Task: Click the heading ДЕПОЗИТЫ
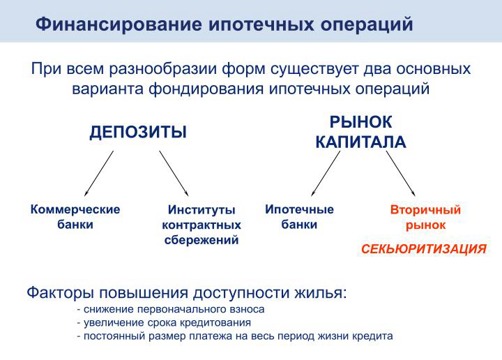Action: coord(138,133)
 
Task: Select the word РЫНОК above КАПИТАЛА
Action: coord(361,122)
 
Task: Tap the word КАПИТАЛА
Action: coord(361,142)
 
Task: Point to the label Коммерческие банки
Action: coord(75,217)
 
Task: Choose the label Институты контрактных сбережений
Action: coord(201,225)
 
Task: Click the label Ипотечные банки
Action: coord(299,217)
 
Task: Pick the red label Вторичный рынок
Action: coord(425,218)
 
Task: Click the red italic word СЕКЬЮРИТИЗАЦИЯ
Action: coord(424,249)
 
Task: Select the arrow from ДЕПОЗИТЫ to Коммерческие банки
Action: coord(99,173)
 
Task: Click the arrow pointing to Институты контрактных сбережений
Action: coord(174,173)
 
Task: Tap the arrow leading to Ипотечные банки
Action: coord(326,173)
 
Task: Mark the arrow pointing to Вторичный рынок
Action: coord(400,173)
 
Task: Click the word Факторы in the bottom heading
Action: coord(61,293)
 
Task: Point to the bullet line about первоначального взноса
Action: coord(171,309)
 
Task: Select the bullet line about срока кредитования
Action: coord(164,322)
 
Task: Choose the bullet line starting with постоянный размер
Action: coord(235,336)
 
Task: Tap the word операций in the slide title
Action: coord(367,25)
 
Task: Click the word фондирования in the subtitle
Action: coord(206,89)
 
